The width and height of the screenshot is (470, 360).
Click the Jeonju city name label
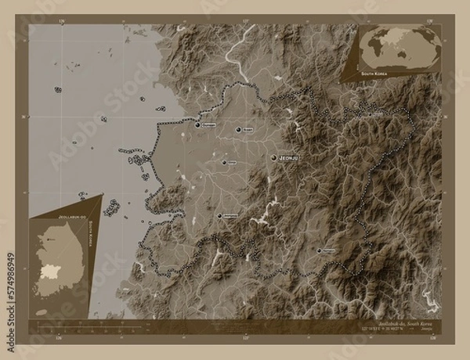[x=291, y=158]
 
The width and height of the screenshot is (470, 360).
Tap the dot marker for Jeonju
[x=273, y=158]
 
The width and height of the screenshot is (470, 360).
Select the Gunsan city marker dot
[x=197, y=124]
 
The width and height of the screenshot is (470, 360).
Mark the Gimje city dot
[x=223, y=161]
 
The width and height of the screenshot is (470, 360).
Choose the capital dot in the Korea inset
[x=45, y=235]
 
